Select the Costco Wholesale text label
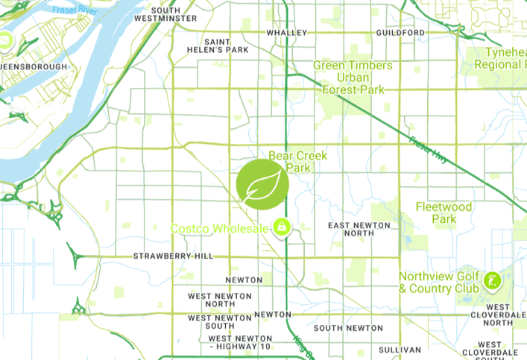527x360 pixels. [x=219, y=228]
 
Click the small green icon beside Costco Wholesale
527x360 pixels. [x=282, y=226]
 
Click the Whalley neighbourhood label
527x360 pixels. [x=287, y=33]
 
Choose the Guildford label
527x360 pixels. [x=400, y=33]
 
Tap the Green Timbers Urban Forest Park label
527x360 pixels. [x=353, y=78]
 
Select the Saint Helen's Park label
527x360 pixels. [x=226, y=45]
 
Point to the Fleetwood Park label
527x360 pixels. [x=444, y=212]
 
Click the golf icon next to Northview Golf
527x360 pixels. [x=491, y=281]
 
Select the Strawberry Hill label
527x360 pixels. [x=173, y=256]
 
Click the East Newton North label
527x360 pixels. [x=359, y=229]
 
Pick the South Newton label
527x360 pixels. [x=348, y=328]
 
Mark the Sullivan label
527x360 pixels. [x=400, y=350]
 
